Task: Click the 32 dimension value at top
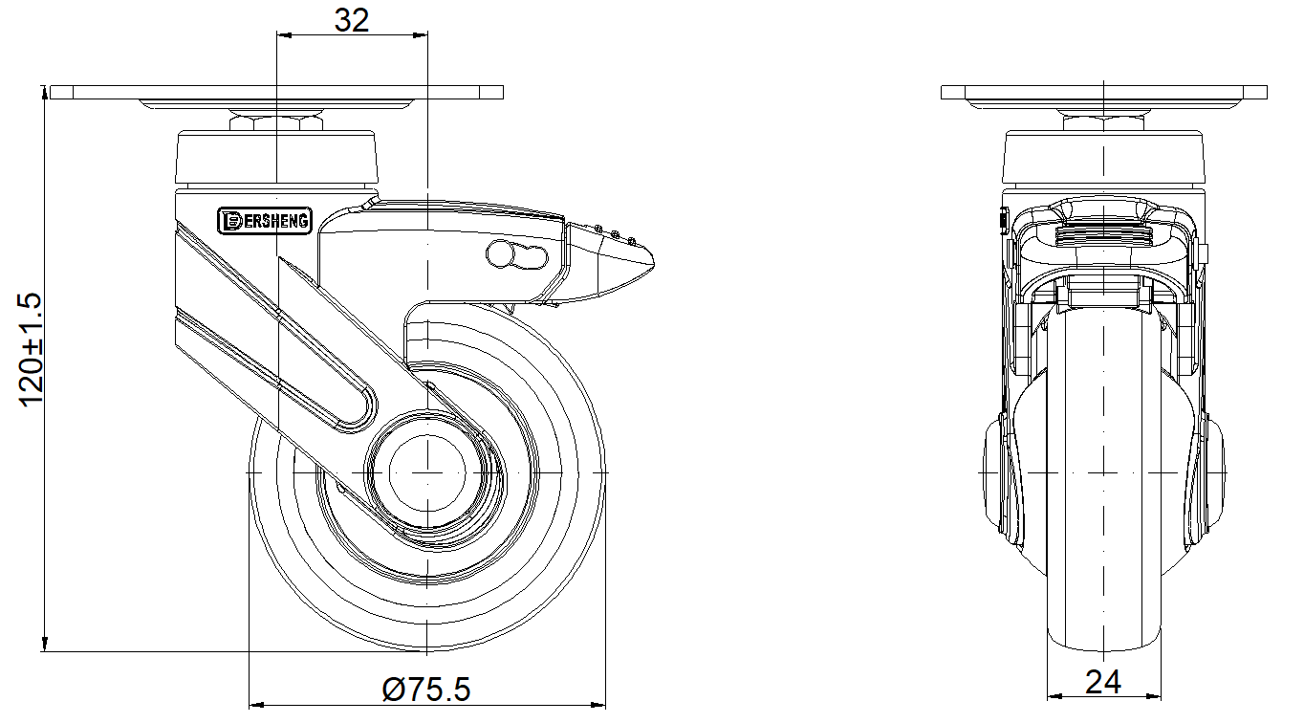tap(352, 20)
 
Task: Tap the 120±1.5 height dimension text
tap(31, 350)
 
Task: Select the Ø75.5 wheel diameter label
tap(426, 690)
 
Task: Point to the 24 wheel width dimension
tap(1103, 682)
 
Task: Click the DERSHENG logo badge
tap(264, 221)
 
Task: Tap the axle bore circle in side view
tap(427, 472)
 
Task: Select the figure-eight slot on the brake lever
tap(517, 255)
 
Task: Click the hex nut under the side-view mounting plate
tap(1103, 123)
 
